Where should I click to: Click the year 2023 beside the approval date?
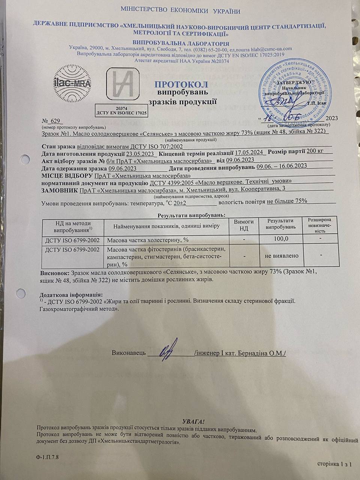click(x=332, y=118)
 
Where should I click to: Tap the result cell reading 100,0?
click(x=281, y=239)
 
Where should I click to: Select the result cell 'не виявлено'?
click(x=281, y=256)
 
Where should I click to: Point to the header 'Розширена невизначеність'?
click(x=319, y=225)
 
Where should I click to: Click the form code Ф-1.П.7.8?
click(x=48, y=457)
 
